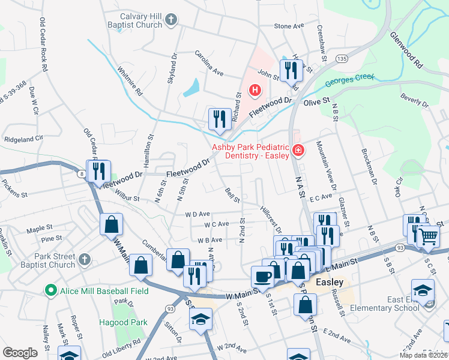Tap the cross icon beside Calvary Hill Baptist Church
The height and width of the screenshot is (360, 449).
(171, 20)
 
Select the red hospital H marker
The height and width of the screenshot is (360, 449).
(255, 91)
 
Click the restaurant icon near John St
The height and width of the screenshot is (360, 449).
(291, 70)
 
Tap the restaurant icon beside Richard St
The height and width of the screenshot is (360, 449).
(219, 118)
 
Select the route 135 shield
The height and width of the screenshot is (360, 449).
(342, 58)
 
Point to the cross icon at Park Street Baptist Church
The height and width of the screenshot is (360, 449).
(85, 260)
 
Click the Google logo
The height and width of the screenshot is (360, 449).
(20, 353)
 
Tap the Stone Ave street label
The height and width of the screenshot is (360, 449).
(289, 26)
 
